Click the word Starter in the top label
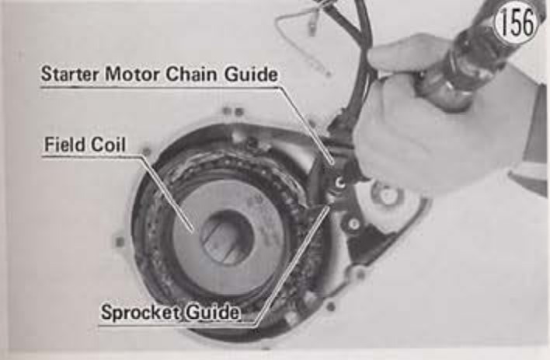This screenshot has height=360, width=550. (x=71, y=74)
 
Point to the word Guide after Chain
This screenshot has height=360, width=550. (x=251, y=75)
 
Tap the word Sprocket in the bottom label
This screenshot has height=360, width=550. (x=140, y=313)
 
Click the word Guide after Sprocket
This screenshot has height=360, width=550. (x=212, y=313)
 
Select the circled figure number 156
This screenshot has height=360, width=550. (x=515, y=23)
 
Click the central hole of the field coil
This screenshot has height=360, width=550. (x=226, y=236)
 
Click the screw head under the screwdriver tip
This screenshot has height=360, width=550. (x=339, y=183)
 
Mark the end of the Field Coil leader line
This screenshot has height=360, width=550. (x=193, y=232)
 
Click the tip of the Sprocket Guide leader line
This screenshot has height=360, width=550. (x=329, y=208)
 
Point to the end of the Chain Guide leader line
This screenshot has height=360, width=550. (x=332, y=163)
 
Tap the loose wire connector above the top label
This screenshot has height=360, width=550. (x=311, y=29)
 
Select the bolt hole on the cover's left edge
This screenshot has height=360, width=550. (x=120, y=242)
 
